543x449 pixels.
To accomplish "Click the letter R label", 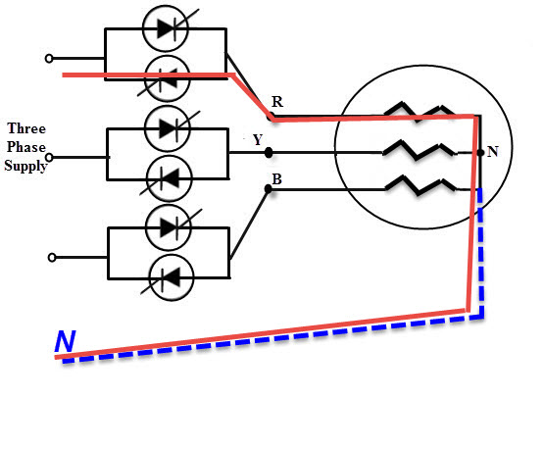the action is [x=277, y=102].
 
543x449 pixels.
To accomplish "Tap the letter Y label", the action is [x=258, y=140].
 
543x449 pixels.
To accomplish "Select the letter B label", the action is [x=276, y=179].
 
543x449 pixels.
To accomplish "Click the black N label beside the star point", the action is [x=493, y=152].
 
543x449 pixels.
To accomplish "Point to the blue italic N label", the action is [x=65, y=341].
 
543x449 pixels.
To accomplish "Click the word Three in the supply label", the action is [x=26, y=128].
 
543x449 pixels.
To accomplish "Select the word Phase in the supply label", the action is [x=26, y=147].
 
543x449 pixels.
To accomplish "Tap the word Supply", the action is [x=25, y=166].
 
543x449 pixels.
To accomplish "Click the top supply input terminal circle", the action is [x=49, y=59].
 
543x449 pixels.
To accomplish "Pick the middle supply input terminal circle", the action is [x=49, y=158].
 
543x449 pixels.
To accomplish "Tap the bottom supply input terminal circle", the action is [x=52, y=258].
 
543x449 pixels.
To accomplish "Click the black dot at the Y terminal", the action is [x=269, y=152].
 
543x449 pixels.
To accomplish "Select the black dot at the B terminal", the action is [x=268, y=189].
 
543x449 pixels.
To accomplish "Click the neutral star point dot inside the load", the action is [x=480, y=152].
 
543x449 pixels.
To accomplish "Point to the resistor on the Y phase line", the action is [x=420, y=151].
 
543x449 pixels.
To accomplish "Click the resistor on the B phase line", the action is [x=420, y=186].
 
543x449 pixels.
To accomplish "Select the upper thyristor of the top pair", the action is [x=166, y=28].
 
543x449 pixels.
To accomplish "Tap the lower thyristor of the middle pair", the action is [x=170, y=178].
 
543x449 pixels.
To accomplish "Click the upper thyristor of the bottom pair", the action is [x=169, y=227].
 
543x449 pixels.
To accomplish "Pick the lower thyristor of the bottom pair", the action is [x=172, y=277].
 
